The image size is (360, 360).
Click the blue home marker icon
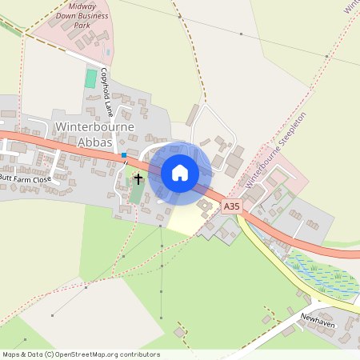click(x=180, y=172)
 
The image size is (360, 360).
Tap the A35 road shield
click(x=231, y=206)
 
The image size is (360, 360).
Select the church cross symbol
click(x=138, y=178)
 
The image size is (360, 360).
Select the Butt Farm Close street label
click(x=26, y=179)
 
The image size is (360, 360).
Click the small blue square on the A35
click(x=124, y=154)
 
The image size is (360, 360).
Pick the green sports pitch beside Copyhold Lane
click(x=91, y=78)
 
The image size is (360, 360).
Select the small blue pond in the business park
click(x=108, y=54)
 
